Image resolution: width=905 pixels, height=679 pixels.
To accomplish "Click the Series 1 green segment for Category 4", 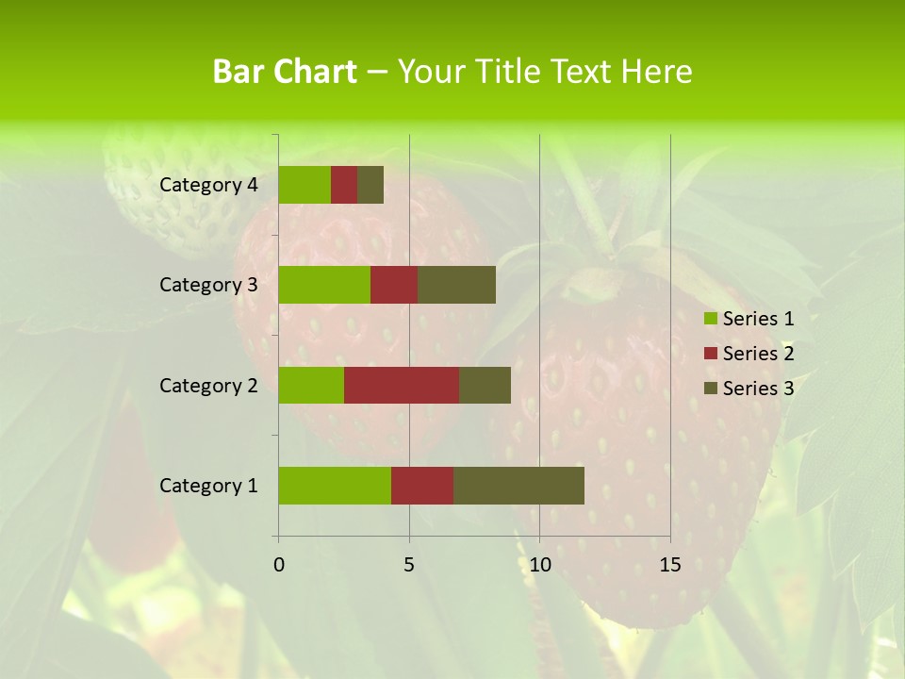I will click(x=304, y=185).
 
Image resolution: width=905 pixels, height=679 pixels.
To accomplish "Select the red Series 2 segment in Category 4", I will click(x=344, y=185).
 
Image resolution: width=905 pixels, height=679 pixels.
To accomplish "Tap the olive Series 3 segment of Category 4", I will click(x=370, y=185).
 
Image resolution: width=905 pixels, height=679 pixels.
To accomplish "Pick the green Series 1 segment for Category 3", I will click(x=324, y=285).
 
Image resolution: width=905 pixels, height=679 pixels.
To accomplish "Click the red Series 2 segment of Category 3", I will click(x=394, y=285).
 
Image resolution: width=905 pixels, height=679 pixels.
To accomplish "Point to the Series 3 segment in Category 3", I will click(x=456, y=285).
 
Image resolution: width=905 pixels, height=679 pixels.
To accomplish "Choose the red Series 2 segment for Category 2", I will click(x=402, y=385).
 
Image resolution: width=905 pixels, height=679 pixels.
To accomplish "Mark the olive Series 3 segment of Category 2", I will click(x=485, y=385).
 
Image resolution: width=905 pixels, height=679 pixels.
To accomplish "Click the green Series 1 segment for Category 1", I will click(x=335, y=486).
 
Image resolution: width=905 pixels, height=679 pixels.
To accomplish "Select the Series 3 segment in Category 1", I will click(x=518, y=486).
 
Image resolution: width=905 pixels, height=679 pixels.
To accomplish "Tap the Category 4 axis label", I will click(x=208, y=185).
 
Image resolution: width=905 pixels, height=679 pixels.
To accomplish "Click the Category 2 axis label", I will click(x=208, y=385).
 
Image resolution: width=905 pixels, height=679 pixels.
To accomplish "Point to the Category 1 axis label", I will click(x=208, y=486).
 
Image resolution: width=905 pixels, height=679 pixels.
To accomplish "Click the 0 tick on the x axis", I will click(x=279, y=565).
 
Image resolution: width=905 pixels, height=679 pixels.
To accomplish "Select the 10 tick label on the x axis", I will click(x=539, y=565).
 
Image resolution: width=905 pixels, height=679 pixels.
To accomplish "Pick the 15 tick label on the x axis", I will click(x=670, y=565).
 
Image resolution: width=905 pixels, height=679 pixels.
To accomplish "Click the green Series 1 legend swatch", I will click(x=710, y=319).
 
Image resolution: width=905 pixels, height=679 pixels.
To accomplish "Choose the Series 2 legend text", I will click(x=758, y=354).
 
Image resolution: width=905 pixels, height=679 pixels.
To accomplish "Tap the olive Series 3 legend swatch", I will click(x=710, y=389).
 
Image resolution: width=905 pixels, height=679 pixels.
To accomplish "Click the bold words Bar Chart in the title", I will click(x=285, y=72).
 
